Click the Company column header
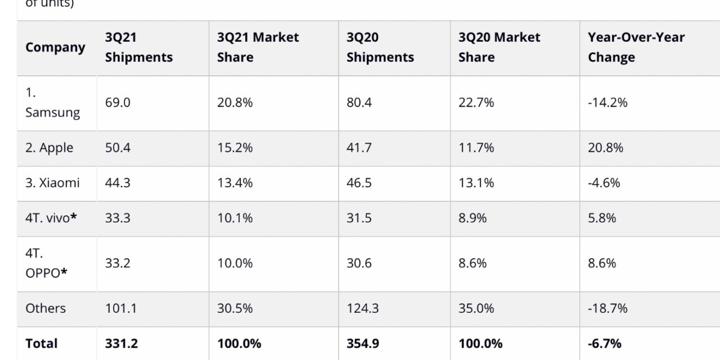click(55, 47)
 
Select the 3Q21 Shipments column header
click(138, 47)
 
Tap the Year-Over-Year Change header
click(636, 47)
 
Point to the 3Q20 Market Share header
click(499, 47)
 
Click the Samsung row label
click(52, 102)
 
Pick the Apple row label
click(49, 148)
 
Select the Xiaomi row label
click(52, 183)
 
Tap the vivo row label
click(51, 218)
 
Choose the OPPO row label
click(46, 263)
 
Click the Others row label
click(46, 308)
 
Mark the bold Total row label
click(42, 343)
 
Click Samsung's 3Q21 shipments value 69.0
click(118, 102)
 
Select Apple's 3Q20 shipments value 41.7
click(358, 148)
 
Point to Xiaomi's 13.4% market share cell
click(235, 183)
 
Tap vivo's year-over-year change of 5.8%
click(602, 218)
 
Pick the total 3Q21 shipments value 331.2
click(120, 343)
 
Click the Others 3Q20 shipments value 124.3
click(362, 308)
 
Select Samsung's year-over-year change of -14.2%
click(607, 102)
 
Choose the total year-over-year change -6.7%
click(605, 343)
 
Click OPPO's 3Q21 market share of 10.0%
click(235, 263)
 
